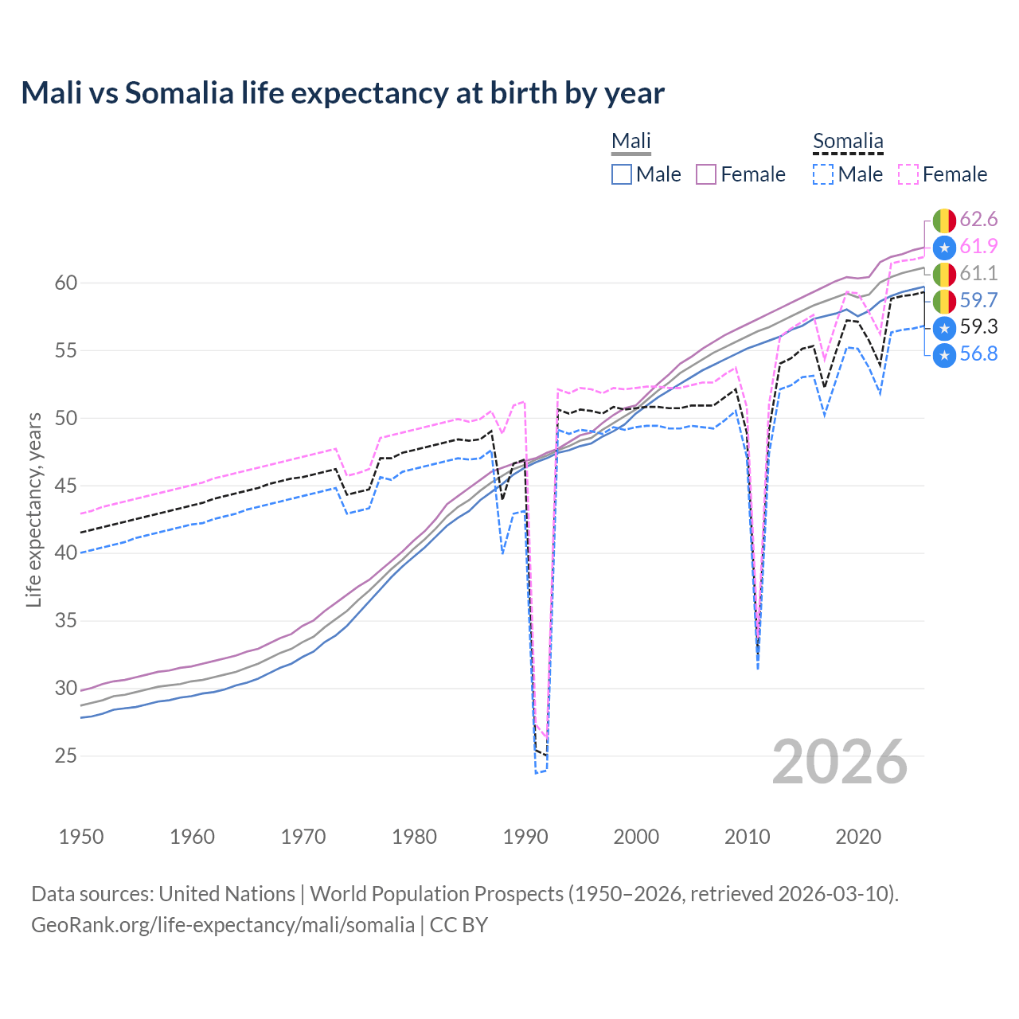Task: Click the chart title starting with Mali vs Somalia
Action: click(x=342, y=93)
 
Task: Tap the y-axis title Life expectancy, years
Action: click(x=33, y=509)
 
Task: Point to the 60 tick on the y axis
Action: click(x=66, y=283)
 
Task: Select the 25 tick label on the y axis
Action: click(x=66, y=755)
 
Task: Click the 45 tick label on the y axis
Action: click(x=66, y=486)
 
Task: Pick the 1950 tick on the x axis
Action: click(x=81, y=837)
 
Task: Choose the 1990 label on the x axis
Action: click(x=525, y=837)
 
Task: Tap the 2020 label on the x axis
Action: click(x=858, y=837)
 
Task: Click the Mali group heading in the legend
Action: click(x=631, y=142)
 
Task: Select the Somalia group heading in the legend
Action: click(x=848, y=142)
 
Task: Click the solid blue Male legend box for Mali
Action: click(x=622, y=174)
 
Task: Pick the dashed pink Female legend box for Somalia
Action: click(x=908, y=174)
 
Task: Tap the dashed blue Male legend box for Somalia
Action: click(x=823, y=174)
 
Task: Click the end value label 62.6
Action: click(x=978, y=220)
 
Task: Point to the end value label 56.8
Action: click(x=978, y=354)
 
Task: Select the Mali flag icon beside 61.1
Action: click(x=944, y=274)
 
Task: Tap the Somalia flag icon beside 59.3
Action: click(x=944, y=327)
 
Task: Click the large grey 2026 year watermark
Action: click(x=840, y=762)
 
